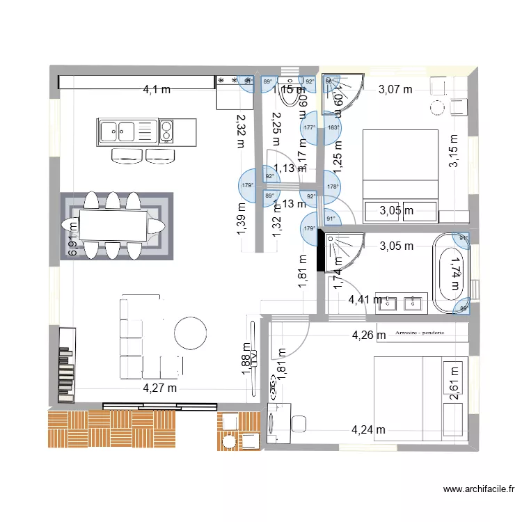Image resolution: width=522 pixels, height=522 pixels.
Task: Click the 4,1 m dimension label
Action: tap(157, 89)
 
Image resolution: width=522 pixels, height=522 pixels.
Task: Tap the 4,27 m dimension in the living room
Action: tap(160, 388)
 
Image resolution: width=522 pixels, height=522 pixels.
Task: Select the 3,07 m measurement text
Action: tap(395, 89)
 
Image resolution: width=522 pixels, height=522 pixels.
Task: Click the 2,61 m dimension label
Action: tap(454, 383)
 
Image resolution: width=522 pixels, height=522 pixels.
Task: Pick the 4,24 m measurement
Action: tap(368, 429)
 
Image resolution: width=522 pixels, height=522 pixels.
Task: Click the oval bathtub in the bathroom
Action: tap(452, 274)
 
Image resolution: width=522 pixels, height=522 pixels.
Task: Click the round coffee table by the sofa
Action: tap(191, 333)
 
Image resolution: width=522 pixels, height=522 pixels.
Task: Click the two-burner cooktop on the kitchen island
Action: tap(166, 130)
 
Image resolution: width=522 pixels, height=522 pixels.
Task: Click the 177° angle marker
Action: tap(309, 127)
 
